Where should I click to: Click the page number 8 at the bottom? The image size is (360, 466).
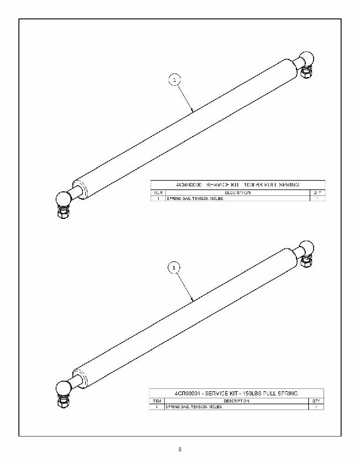coord(180,450)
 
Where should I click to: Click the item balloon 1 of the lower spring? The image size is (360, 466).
coord(174,268)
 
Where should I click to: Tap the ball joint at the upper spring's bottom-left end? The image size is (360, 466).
coord(62,200)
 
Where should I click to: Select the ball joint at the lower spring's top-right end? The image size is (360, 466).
coord(306,248)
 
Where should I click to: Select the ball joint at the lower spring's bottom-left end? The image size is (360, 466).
coord(62,388)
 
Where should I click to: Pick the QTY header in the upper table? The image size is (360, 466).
coord(317,192)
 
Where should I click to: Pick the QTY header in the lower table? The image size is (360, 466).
coord(317,400)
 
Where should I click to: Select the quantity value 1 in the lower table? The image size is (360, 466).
coord(317,407)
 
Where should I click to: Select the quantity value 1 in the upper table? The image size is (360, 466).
coord(317,199)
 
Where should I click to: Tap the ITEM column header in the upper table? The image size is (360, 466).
coord(158,192)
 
